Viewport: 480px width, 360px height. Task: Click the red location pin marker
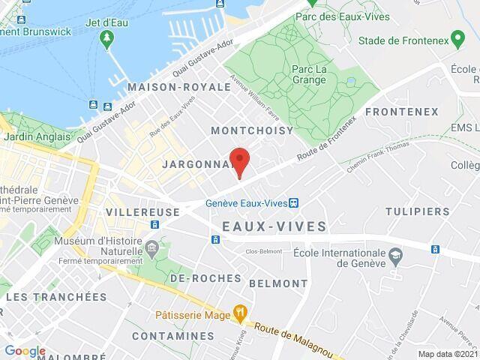tap(239, 161)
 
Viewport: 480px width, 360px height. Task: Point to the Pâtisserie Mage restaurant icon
tap(240, 310)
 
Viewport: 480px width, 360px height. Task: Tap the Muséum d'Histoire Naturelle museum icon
tap(152, 247)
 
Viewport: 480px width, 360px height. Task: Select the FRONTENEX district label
tap(400, 112)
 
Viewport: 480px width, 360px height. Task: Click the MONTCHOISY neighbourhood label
tap(252, 130)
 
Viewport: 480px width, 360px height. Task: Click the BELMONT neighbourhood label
tap(277, 283)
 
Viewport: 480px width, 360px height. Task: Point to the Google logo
tap(25, 351)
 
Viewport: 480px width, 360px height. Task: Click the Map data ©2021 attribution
tap(447, 354)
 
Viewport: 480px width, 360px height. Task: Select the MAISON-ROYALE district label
tap(179, 87)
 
